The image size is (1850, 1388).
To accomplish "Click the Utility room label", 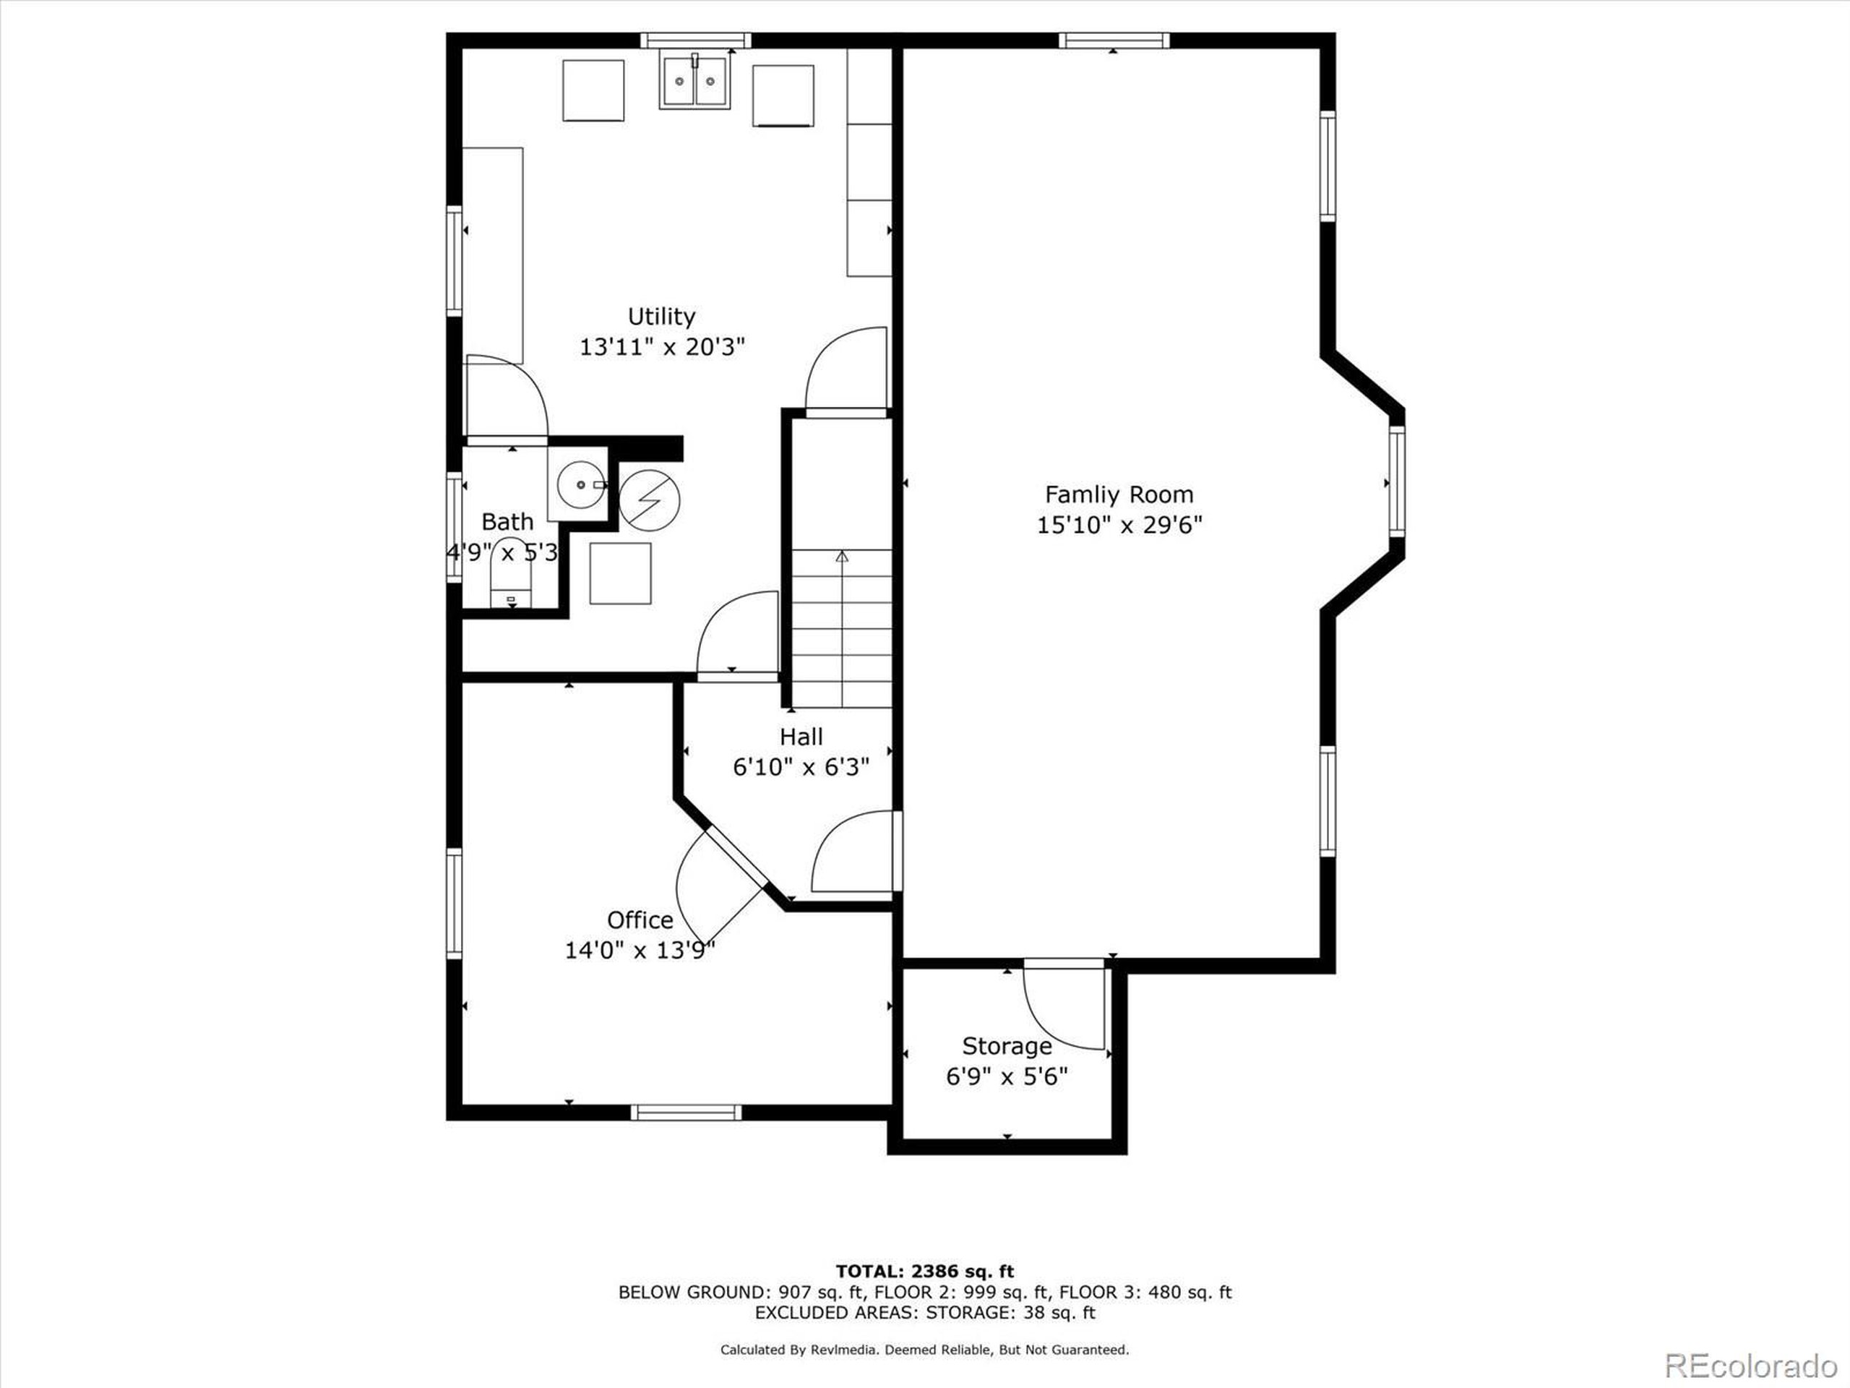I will click(x=661, y=316).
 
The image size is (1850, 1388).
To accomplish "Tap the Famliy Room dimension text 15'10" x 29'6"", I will click(x=1119, y=526).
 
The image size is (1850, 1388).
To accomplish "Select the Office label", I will click(x=640, y=920).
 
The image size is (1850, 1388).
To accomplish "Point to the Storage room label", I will click(x=1006, y=1046).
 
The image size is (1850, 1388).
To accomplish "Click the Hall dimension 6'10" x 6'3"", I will click(x=801, y=766).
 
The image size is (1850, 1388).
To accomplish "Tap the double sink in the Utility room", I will click(x=694, y=81).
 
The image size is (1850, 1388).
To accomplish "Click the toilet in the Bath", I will click(x=509, y=578).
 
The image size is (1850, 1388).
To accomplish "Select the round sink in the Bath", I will click(x=580, y=485).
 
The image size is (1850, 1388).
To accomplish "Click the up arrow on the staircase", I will click(x=842, y=557).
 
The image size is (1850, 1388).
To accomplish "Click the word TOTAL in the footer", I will click(x=866, y=1272).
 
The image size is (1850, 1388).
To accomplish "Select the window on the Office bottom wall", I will click(x=686, y=1112).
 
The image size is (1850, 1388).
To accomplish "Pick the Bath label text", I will click(x=507, y=522).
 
